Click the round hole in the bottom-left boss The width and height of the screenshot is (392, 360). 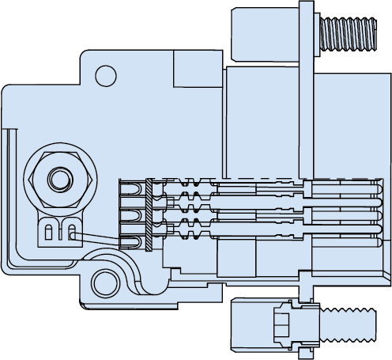(x=104, y=280)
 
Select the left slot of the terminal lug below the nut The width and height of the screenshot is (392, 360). (x=51, y=233)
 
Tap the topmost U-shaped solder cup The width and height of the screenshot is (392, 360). (x=131, y=189)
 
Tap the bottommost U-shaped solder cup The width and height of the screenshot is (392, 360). (x=131, y=241)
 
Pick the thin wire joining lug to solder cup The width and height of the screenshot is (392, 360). (x=99, y=238)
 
